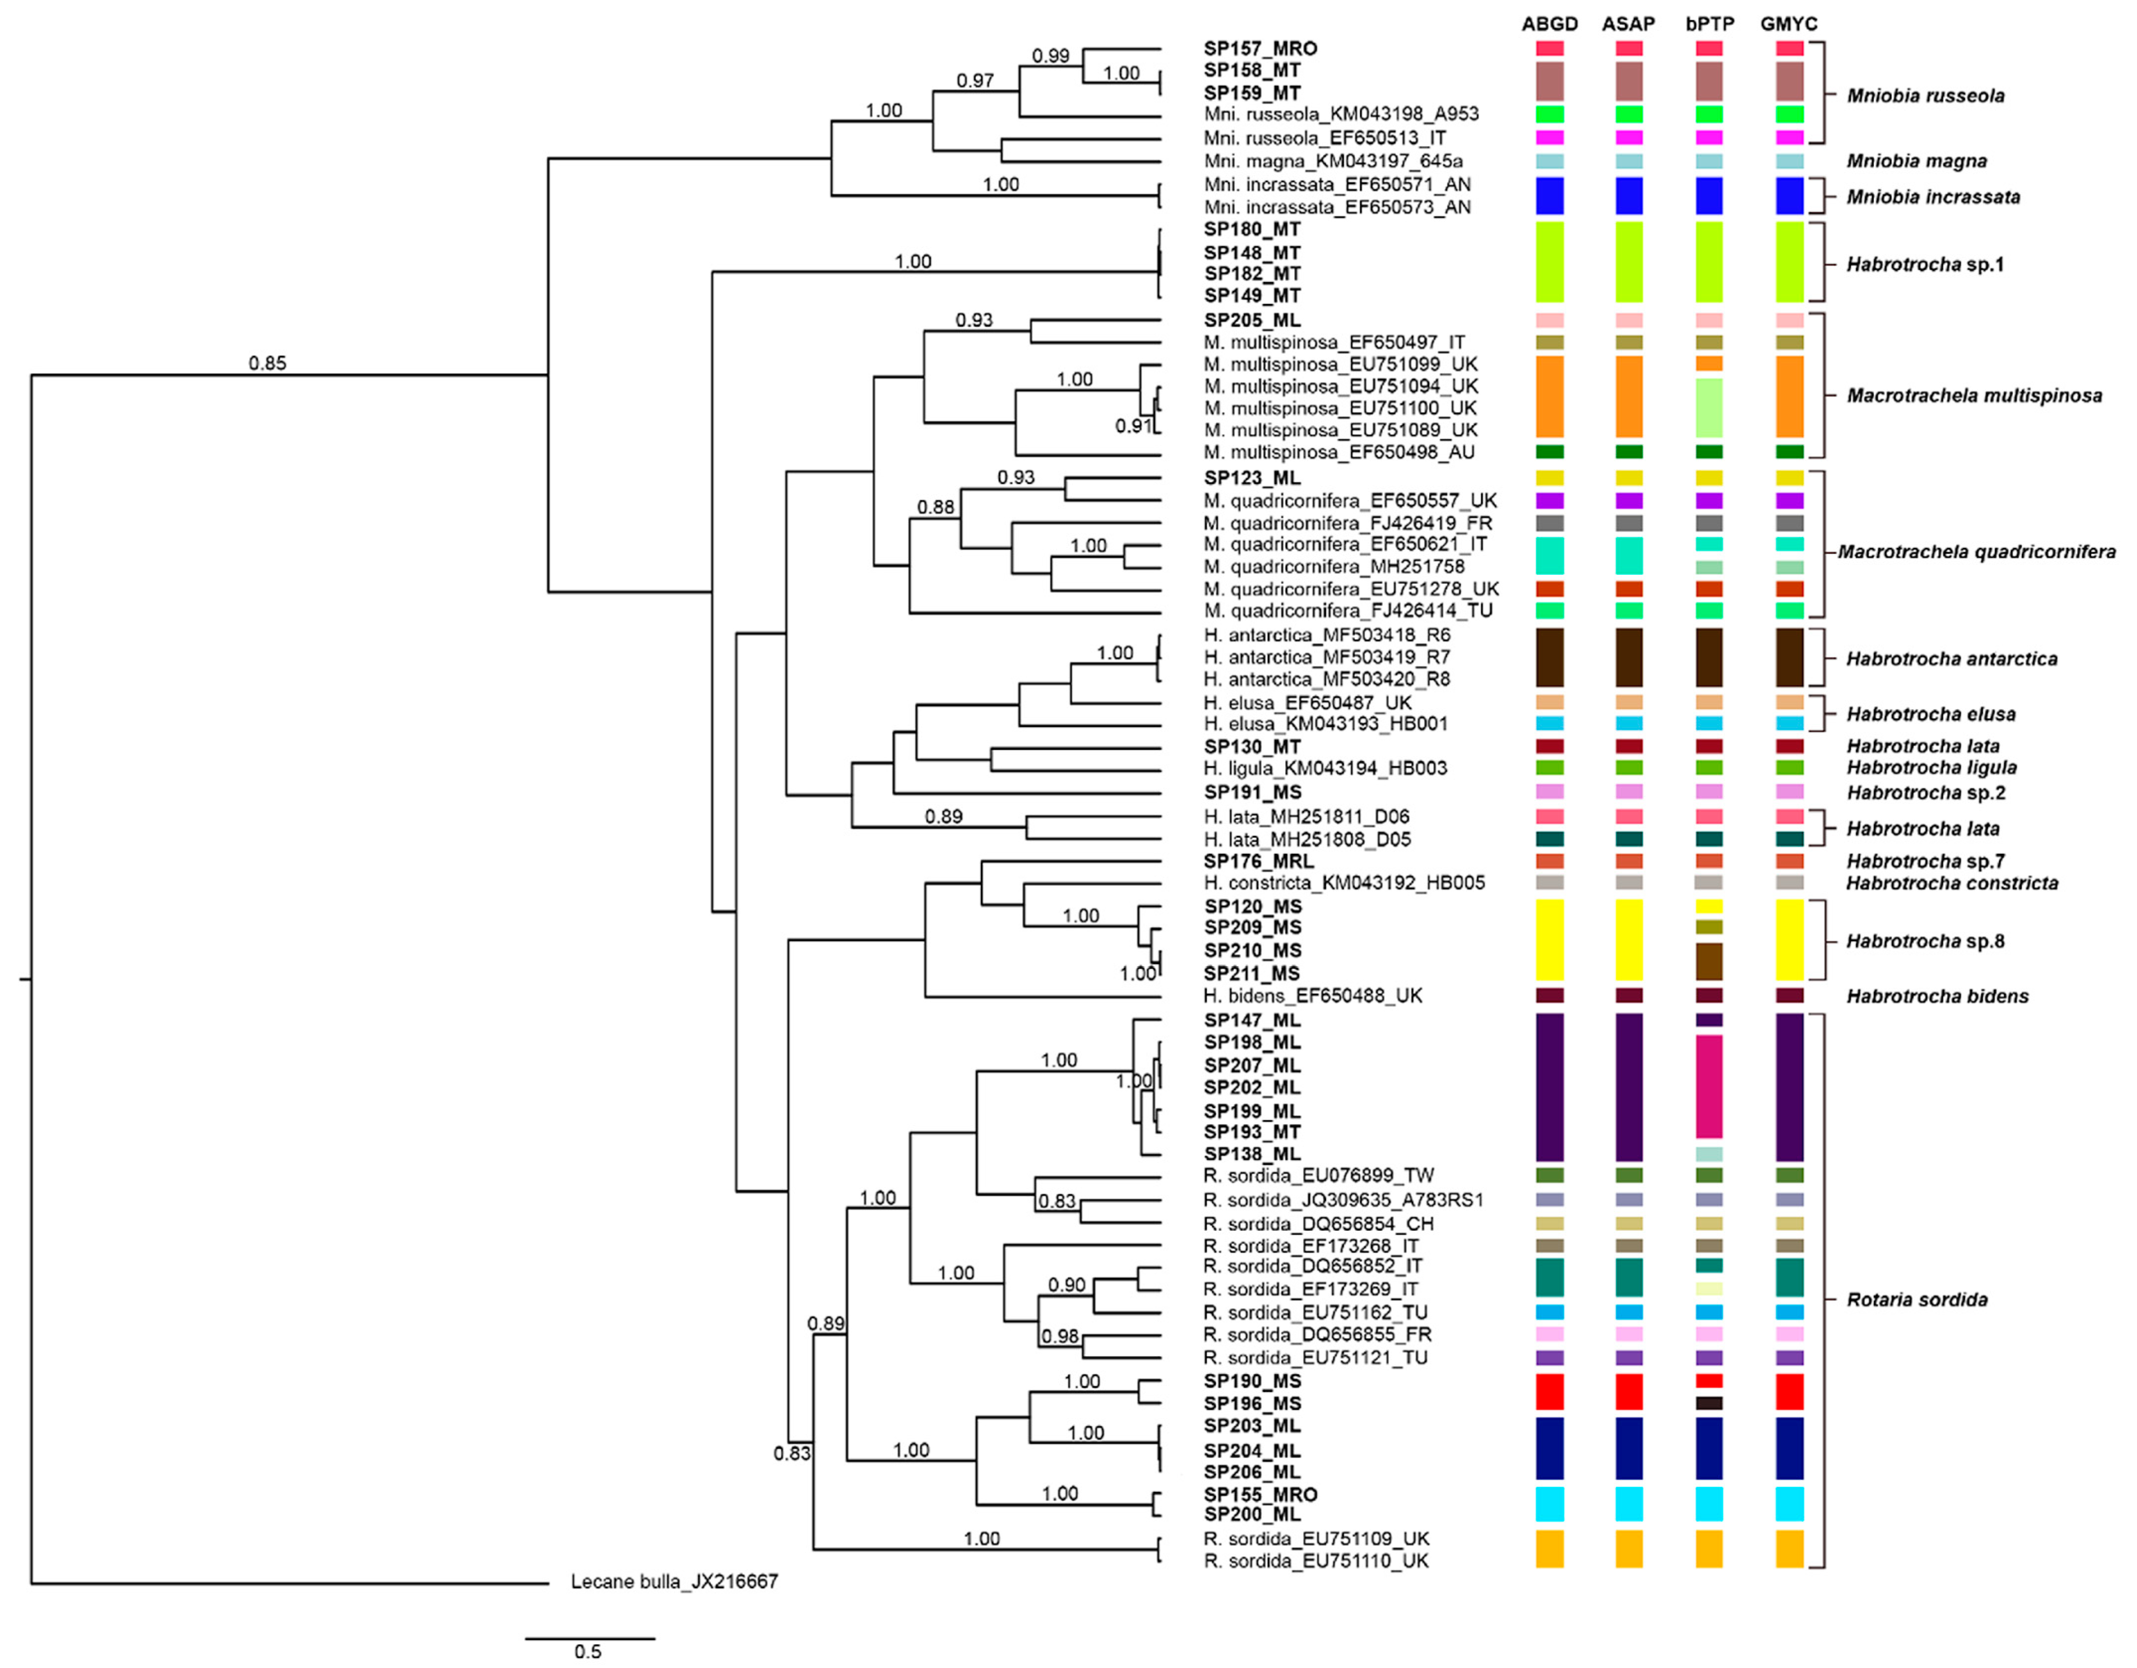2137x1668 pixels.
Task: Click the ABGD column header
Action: click(1549, 23)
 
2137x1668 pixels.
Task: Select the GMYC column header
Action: click(1789, 23)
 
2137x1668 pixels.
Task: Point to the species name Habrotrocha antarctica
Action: click(1951, 659)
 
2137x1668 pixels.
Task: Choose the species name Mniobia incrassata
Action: click(1933, 197)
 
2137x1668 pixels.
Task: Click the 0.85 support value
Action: click(267, 363)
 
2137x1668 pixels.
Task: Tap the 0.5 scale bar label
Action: click(588, 1651)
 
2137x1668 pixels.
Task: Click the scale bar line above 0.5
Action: click(590, 1638)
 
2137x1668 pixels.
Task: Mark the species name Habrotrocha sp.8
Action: click(1925, 941)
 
